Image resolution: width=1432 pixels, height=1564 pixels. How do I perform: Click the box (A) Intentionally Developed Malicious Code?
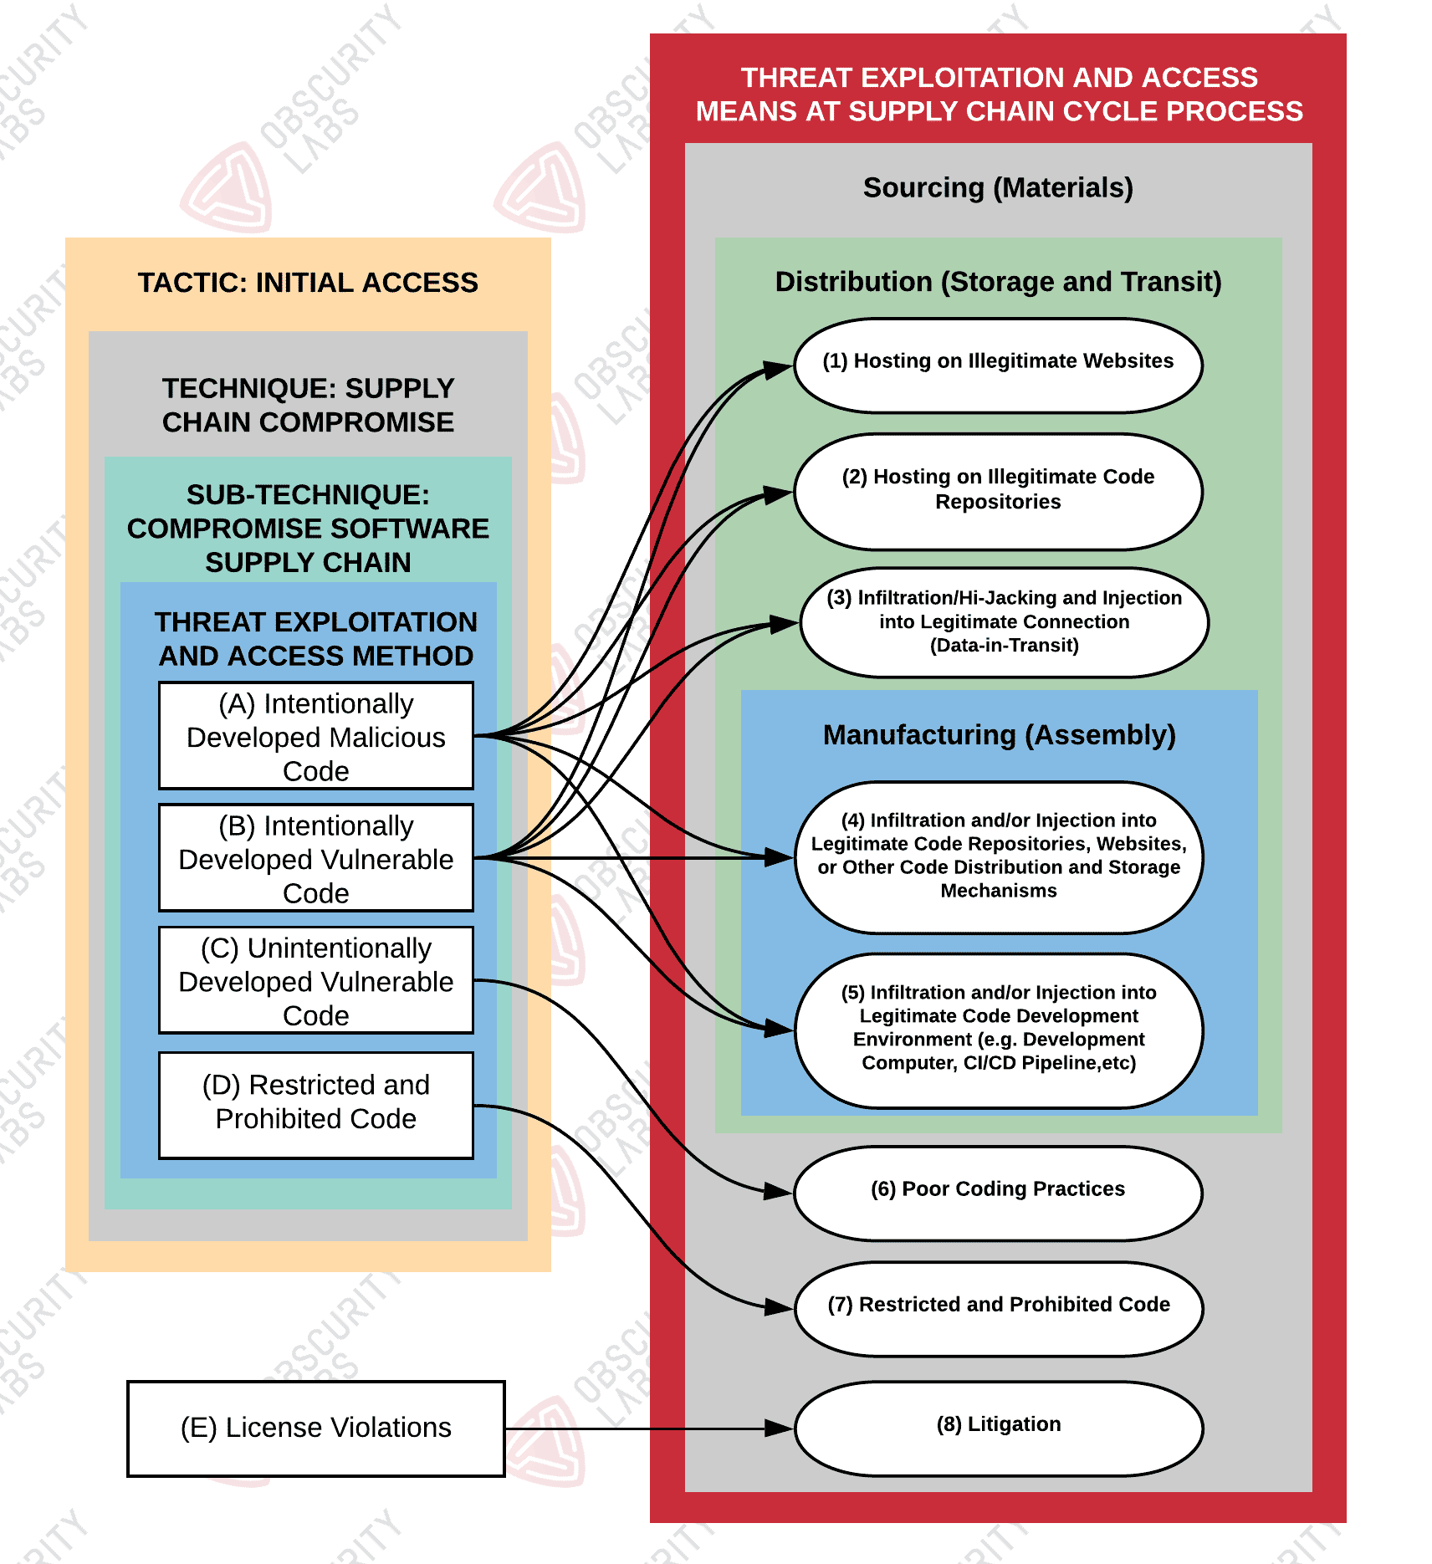point(315,736)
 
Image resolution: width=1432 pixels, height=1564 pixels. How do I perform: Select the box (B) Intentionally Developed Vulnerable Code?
point(315,858)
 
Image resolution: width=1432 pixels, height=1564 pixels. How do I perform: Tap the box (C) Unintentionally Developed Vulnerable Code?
point(315,980)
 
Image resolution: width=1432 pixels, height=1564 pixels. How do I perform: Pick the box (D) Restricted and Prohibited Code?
point(315,1105)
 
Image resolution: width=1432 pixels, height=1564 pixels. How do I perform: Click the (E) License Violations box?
point(315,1429)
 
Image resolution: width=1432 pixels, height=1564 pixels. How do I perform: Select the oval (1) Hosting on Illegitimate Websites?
point(998,365)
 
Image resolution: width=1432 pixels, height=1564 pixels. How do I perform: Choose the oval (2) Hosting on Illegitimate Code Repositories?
point(998,491)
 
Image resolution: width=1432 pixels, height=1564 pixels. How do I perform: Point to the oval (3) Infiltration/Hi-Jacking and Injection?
point(1004,622)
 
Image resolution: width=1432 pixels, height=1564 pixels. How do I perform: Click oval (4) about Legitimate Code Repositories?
point(998,856)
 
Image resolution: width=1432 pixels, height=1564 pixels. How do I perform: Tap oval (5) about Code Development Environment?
point(998,1030)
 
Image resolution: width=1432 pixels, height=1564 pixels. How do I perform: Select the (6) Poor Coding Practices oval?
point(998,1192)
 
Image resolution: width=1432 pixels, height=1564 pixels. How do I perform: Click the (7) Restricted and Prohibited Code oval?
point(998,1307)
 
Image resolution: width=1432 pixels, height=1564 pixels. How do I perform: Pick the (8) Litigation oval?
point(998,1427)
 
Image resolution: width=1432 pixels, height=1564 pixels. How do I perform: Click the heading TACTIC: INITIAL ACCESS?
point(308,283)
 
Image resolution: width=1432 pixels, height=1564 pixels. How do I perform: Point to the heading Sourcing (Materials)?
point(998,188)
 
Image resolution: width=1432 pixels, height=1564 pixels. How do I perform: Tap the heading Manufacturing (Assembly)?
point(999,735)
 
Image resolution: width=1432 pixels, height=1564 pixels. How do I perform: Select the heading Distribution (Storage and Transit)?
point(998,282)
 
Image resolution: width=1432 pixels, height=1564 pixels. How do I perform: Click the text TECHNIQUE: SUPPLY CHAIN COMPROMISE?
point(308,406)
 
